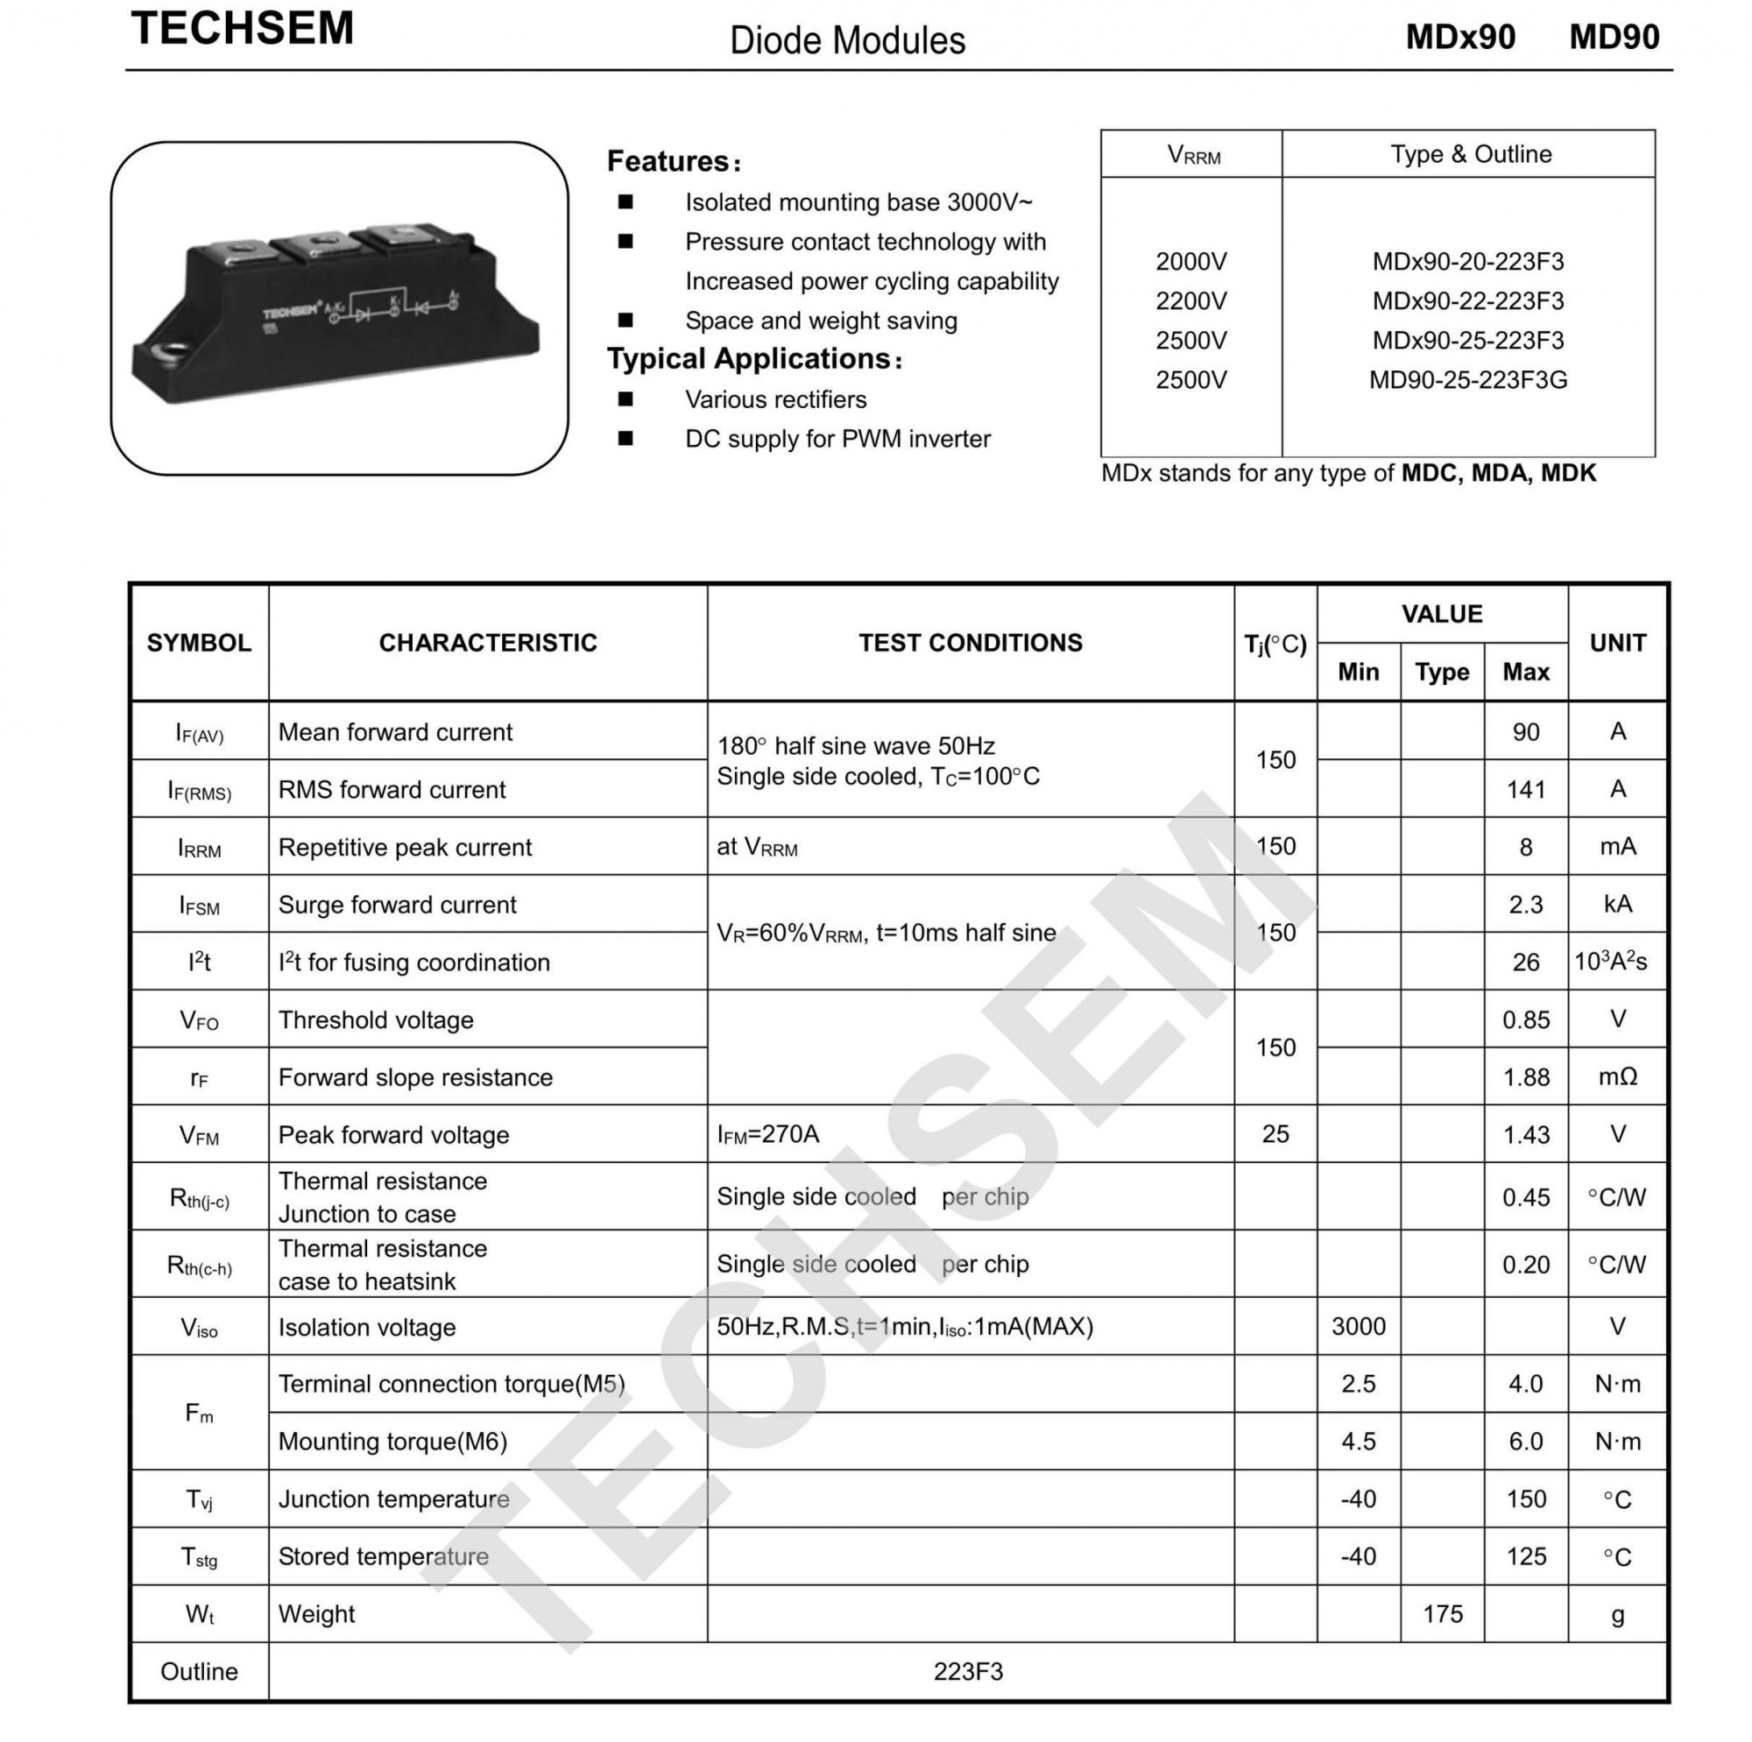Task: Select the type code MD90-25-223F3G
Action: (x=1467, y=380)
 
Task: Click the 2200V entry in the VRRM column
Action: (x=1190, y=301)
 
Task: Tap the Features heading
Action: (x=673, y=161)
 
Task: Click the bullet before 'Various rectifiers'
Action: (x=625, y=399)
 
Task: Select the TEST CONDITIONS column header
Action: (x=971, y=643)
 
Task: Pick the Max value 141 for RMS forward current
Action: (x=1525, y=790)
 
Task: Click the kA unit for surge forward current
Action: (x=1617, y=904)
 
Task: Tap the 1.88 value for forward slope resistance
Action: (x=1525, y=1077)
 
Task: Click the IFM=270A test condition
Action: (x=768, y=1134)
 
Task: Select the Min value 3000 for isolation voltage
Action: (x=1358, y=1327)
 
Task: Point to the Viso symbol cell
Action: (x=200, y=1329)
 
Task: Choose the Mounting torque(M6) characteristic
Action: (x=392, y=1442)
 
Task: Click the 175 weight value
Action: (x=1442, y=1614)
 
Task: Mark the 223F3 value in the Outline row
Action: (x=968, y=1672)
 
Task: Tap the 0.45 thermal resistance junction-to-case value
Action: (x=1525, y=1198)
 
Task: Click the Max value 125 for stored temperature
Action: (x=1525, y=1557)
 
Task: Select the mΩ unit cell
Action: (x=1617, y=1077)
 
